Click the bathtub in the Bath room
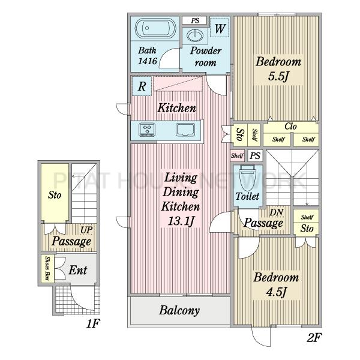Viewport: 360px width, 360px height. click(x=155, y=28)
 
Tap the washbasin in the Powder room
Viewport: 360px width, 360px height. click(x=195, y=35)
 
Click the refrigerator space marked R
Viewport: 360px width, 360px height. click(x=142, y=86)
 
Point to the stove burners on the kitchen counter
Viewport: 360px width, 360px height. click(x=147, y=130)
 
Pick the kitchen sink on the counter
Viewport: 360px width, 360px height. click(x=185, y=130)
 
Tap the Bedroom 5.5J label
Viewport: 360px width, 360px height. click(x=278, y=68)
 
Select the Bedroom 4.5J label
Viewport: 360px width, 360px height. click(x=276, y=284)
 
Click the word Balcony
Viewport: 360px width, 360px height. click(x=179, y=310)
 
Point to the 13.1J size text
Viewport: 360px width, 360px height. click(x=181, y=221)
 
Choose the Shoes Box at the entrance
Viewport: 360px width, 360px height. click(x=47, y=268)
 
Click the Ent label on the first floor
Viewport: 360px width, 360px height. click(x=78, y=270)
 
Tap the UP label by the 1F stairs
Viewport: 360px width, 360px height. click(x=86, y=230)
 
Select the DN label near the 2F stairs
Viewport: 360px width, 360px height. click(x=277, y=212)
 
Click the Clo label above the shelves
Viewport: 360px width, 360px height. click(x=290, y=126)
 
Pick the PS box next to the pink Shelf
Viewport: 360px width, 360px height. click(x=255, y=156)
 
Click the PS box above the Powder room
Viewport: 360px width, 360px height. click(x=195, y=20)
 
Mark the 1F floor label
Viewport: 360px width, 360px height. click(x=92, y=323)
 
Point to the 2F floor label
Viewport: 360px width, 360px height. click(x=314, y=337)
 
